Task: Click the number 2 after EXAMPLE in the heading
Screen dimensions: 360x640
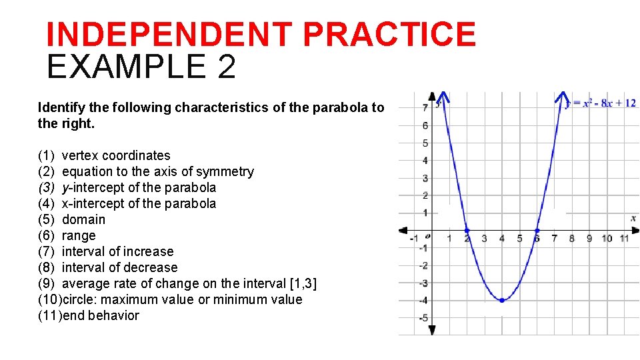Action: click(225, 67)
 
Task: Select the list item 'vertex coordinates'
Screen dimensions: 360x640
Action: click(116, 155)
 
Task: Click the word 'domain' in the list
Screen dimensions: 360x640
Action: click(83, 219)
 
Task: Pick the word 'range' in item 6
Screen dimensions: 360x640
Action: click(79, 235)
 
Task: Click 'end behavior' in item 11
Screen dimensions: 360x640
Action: click(101, 315)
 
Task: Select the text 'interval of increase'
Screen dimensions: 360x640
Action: click(117, 251)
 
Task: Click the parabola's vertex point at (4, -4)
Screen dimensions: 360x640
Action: click(501, 300)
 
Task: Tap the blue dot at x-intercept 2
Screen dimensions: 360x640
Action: click(467, 230)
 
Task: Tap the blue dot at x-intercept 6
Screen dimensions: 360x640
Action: click(537, 230)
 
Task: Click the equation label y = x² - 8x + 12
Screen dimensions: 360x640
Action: click(601, 103)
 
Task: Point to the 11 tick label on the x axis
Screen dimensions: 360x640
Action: click(625, 239)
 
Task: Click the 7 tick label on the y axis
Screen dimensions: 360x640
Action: click(425, 108)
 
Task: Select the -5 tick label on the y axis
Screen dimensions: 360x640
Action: click(423, 318)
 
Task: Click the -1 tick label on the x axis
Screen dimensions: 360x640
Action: click(413, 239)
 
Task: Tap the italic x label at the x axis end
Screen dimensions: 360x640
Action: click(633, 218)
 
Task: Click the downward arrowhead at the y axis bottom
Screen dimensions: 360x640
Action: click(432, 329)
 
